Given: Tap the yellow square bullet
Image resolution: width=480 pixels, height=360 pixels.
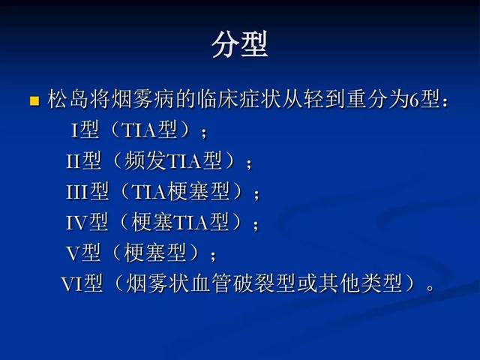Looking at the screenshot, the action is point(34,100).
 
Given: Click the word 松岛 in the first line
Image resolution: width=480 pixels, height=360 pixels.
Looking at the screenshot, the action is point(68,99).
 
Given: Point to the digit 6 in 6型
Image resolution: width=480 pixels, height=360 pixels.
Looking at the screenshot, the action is point(414,100).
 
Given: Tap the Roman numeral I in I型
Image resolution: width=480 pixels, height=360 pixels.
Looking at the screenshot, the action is point(75,130).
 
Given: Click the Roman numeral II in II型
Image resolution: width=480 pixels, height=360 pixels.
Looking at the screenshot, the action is point(73,161).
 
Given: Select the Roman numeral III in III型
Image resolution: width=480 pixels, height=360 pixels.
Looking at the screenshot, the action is point(77,192).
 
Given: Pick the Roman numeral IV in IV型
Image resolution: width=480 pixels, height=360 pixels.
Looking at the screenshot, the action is point(76,223).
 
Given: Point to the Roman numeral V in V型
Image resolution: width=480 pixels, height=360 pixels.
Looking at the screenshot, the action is point(73,253).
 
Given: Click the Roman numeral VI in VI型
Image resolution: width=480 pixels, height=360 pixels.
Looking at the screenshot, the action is point(72,283).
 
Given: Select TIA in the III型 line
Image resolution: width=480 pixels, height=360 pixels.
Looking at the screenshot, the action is point(149,192).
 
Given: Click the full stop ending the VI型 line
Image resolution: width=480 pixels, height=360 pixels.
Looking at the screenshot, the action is point(430,288).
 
